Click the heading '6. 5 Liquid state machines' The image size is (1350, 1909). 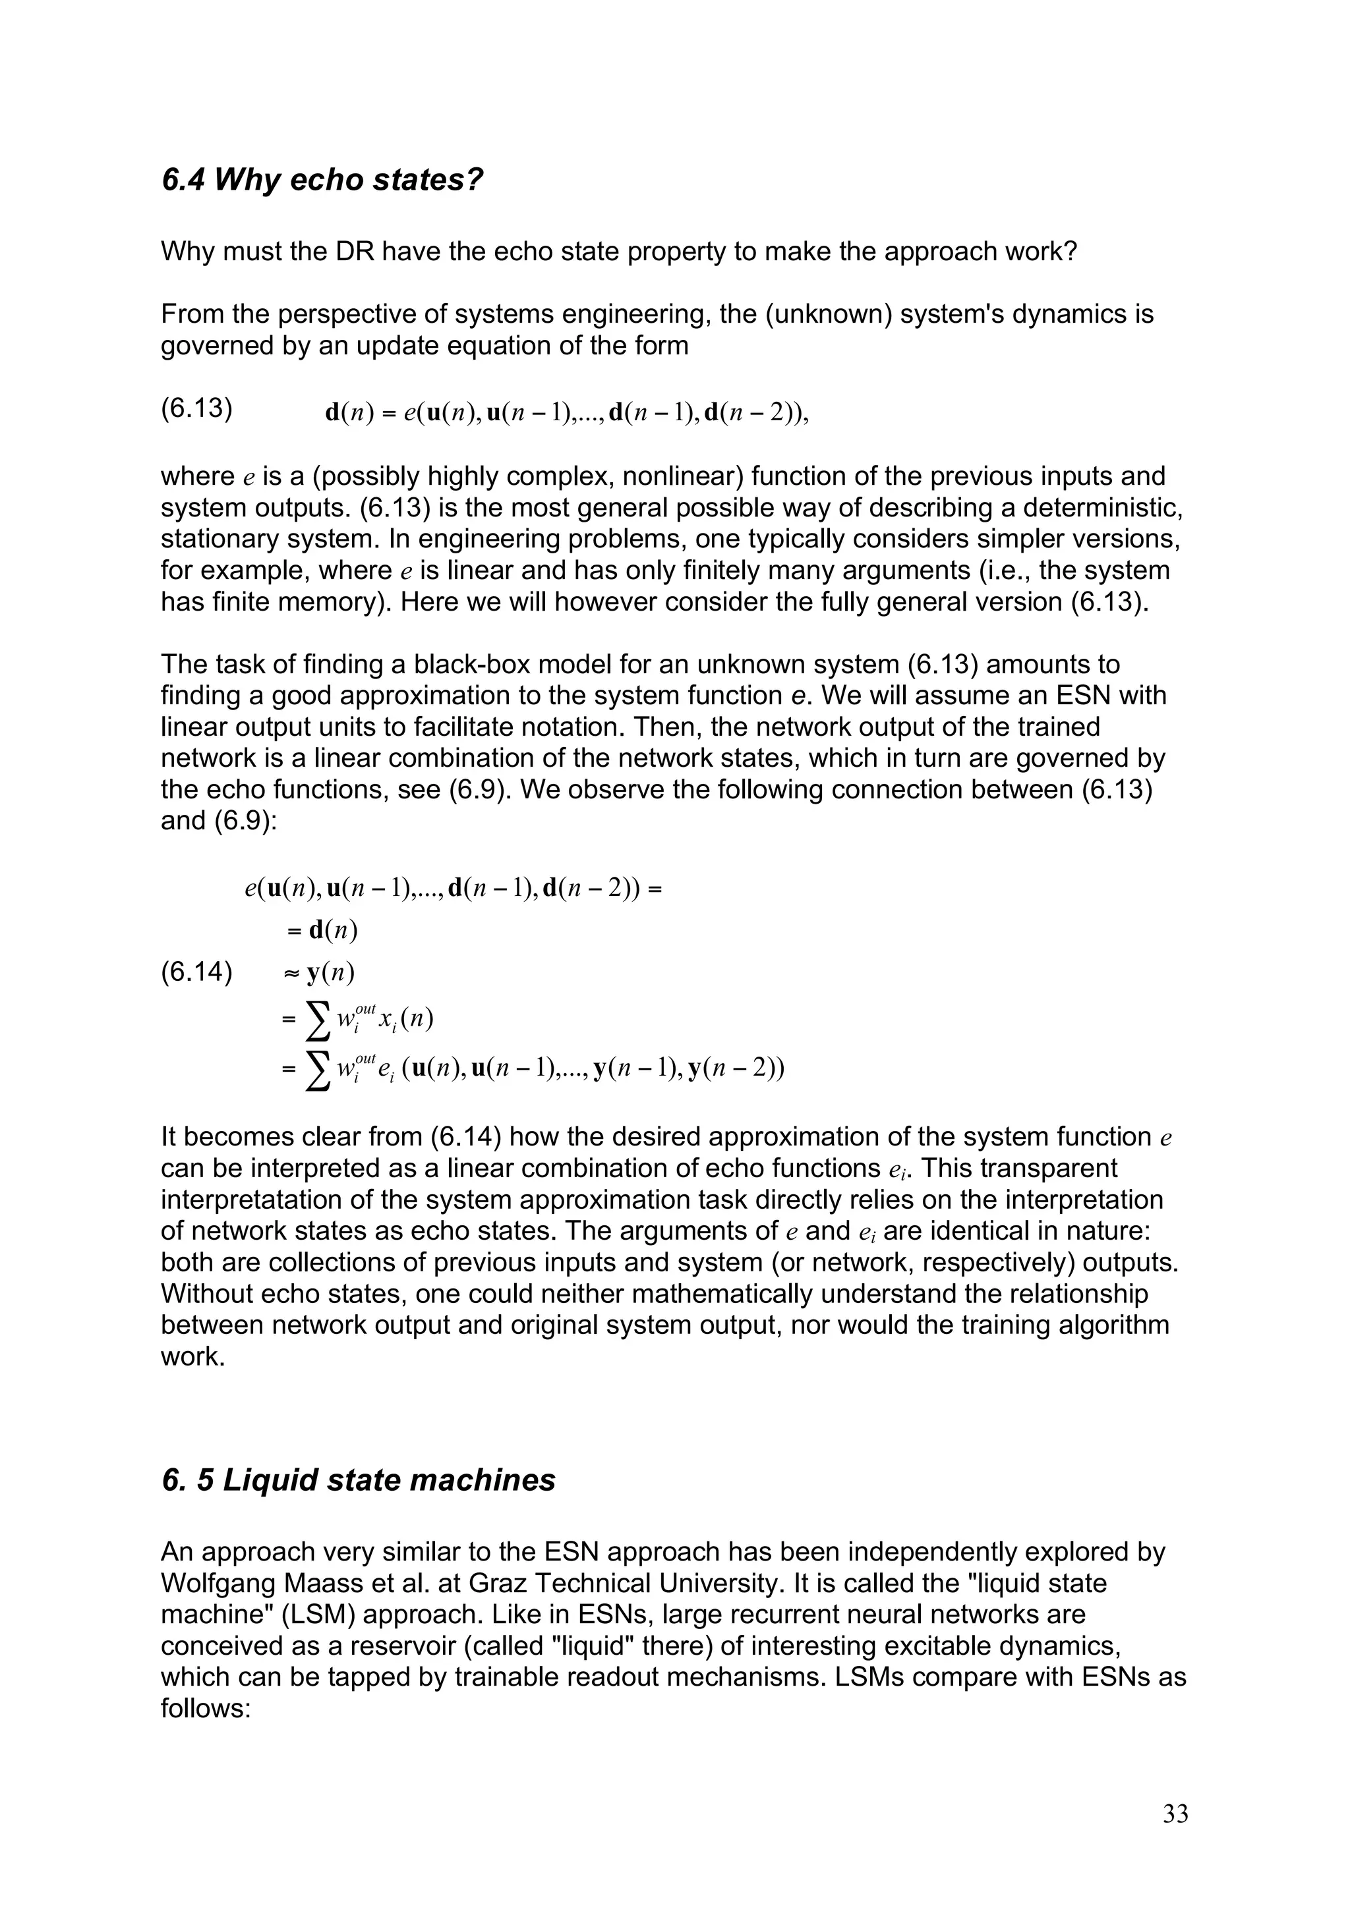pos(358,1480)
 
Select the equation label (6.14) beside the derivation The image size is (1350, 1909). pos(196,972)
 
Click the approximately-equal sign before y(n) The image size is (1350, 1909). pos(292,972)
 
